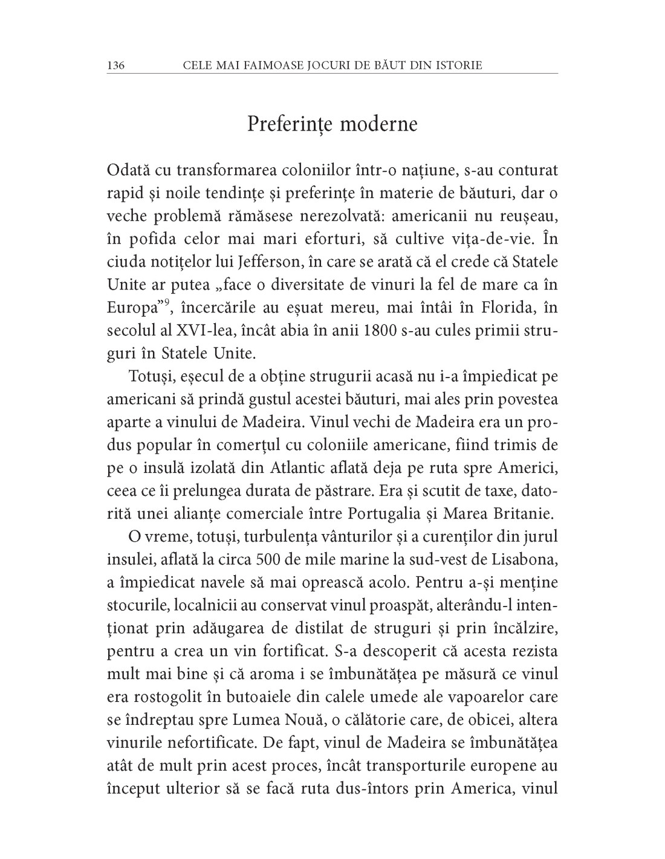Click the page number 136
[115, 65]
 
